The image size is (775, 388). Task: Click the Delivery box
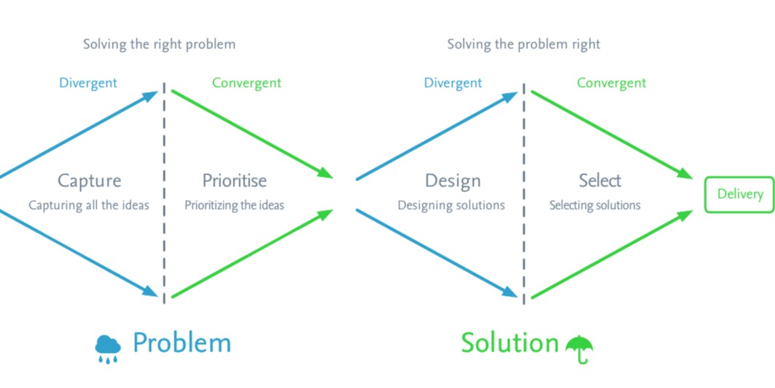[x=739, y=194]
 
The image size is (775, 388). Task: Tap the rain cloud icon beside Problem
[x=108, y=348]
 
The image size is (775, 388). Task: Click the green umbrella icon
[x=579, y=349]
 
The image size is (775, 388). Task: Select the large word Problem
[x=182, y=343]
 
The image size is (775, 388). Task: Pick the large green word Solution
[x=509, y=343]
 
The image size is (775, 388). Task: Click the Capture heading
[x=89, y=180]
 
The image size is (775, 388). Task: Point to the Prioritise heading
[x=234, y=180]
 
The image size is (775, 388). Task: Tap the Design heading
[x=452, y=180]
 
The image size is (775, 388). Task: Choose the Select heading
[x=600, y=180]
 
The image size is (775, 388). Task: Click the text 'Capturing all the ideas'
[x=88, y=205]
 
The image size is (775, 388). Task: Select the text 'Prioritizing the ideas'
[x=234, y=205]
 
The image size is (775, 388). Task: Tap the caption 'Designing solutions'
[x=451, y=205]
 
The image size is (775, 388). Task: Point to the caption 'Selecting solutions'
[x=595, y=205]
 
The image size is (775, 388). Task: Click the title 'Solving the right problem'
[x=159, y=45]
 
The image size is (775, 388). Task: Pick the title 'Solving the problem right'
[x=523, y=45]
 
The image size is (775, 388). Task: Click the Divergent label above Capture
[x=88, y=83]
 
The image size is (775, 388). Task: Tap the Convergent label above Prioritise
[x=247, y=83]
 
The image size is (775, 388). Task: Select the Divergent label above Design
[x=452, y=83]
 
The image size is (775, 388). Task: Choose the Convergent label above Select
[x=612, y=83]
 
